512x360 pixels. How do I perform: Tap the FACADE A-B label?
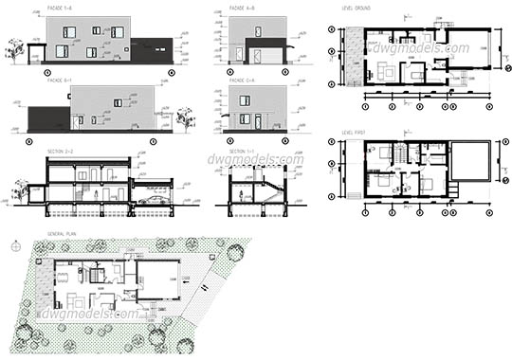pyautogui.click(x=240, y=8)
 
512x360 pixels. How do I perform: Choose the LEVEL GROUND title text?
pyautogui.click(x=357, y=8)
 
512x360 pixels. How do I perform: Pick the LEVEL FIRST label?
pyautogui.click(x=353, y=132)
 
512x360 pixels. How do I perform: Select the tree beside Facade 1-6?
pyautogui.click(x=14, y=51)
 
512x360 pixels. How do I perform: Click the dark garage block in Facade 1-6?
pyautogui.click(x=152, y=52)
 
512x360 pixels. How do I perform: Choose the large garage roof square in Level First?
pyautogui.click(x=471, y=159)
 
